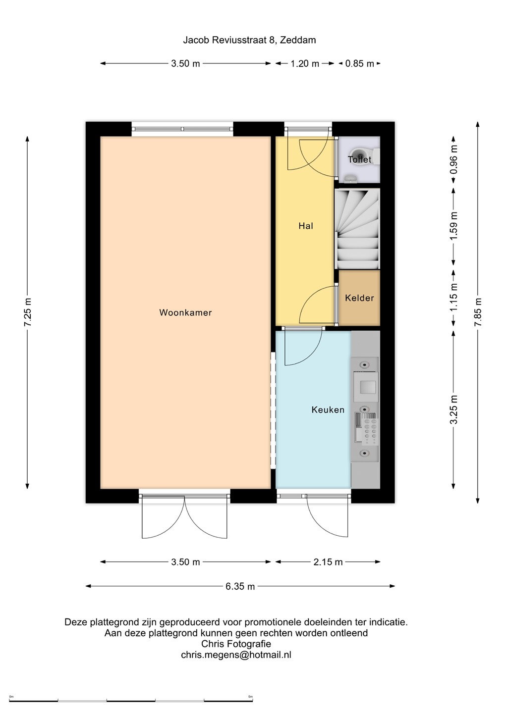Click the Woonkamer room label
(185, 312)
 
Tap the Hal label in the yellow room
(306, 226)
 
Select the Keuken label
(328, 409)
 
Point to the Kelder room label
(359, 298)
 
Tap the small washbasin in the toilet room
(350, 178)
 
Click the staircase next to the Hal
(357, 229)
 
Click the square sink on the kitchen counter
(366, 387)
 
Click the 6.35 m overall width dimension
(240, 586)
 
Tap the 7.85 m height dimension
(478, 312)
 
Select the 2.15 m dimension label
(328, 562)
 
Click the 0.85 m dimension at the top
(359, 64)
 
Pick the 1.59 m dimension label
(453, 226)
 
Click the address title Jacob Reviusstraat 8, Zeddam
(249, 40)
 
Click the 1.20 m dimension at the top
(305, 64)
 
